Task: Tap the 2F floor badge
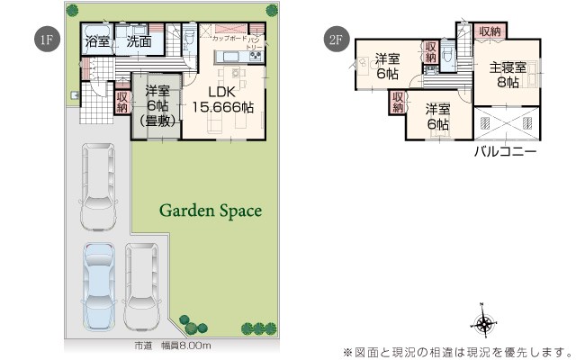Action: coord(335,39)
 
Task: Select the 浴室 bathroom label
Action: coord(96,41)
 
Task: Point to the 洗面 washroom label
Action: coord(139,41)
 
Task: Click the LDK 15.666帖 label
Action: coord(221,99)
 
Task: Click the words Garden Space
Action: coord(211,211)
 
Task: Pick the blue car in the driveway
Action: coord(100,286)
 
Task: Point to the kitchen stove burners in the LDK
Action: coord(255,58)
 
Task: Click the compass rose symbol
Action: coord(484,325)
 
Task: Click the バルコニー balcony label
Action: coord(506,153)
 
